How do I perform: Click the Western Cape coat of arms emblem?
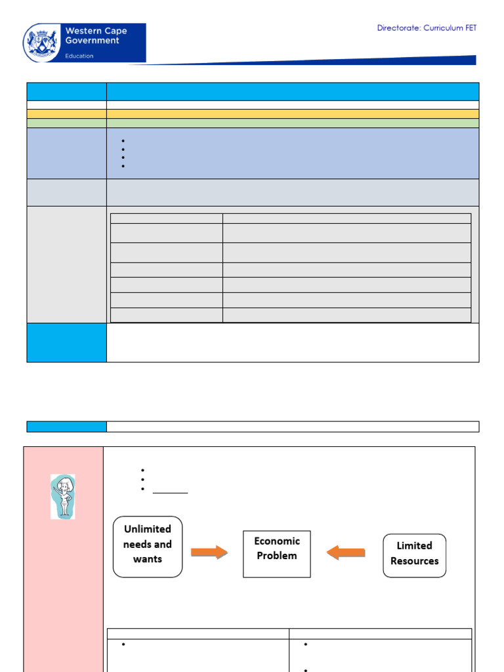click(x=41, y=43)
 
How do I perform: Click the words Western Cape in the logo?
click(x=96, y=31)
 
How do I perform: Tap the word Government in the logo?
click(x=92, y=41)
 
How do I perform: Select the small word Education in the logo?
click(x=79, y=56)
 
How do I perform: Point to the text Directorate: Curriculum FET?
click(x=427, y=28)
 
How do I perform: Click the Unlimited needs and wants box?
click(x=148, y=547)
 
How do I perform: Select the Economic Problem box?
click(x=277, y=554)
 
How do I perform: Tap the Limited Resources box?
click(x=415, y=555)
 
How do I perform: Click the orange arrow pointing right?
click(x=209, y=552)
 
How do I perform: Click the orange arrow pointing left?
click(x=345, y=552)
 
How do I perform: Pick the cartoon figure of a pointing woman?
click(x=63, y=497)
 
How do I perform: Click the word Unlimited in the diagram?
click(x=148, y=529)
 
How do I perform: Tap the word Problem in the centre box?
click(x=277, y=555)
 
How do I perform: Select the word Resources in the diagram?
click(x=415, y=561)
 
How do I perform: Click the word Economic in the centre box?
click(x=277, y=541)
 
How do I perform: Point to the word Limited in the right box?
click(x=415, y=545)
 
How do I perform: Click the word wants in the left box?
click(x=148, y=559)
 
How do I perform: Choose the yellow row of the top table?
click(x=253, y=114)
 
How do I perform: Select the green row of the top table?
click(x=253, y=123)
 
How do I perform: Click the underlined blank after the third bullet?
click(x=170, y=493)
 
